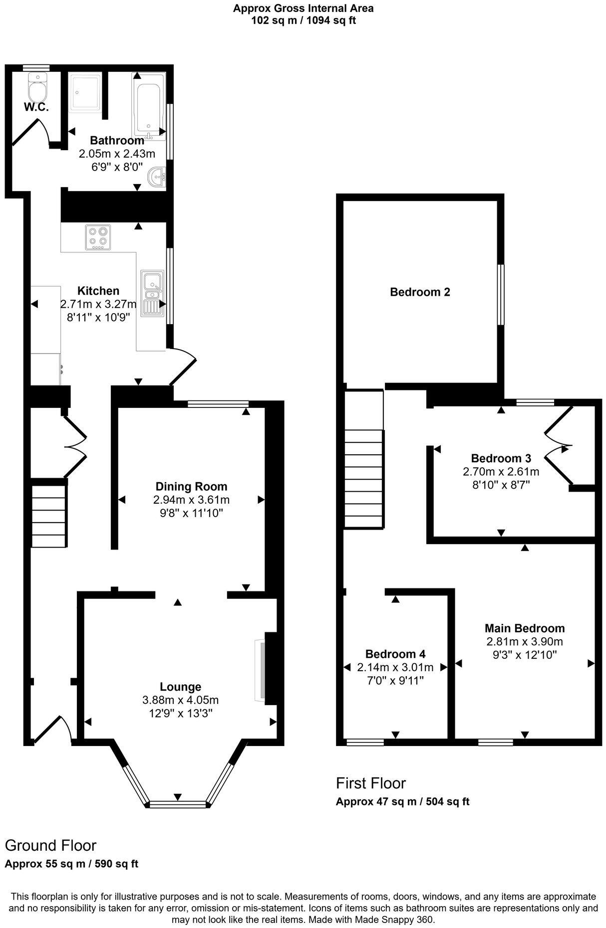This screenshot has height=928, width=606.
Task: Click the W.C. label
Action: (x=36, y=107)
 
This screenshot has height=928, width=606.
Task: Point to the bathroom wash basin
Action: (x=158, y=177)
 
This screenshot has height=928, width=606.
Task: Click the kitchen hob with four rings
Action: (x=98, y=237)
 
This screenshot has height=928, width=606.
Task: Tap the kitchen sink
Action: (x=151, y=293)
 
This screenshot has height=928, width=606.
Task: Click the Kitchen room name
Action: (x=98, y=291)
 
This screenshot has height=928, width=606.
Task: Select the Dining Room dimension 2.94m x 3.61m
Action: (x=192, y=500)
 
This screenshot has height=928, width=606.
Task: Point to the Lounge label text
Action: (x=180, y=687)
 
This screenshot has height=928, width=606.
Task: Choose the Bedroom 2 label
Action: (x=420, y=292)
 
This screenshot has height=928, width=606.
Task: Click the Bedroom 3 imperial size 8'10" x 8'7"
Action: (x=501, y=484)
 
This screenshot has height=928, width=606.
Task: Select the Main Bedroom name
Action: (x=525, y=628)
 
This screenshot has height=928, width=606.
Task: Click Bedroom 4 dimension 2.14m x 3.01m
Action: (x=395, y=667)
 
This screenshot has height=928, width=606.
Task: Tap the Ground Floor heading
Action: (x=50, y=845)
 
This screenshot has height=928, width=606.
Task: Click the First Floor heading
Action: (x=371, y=783)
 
